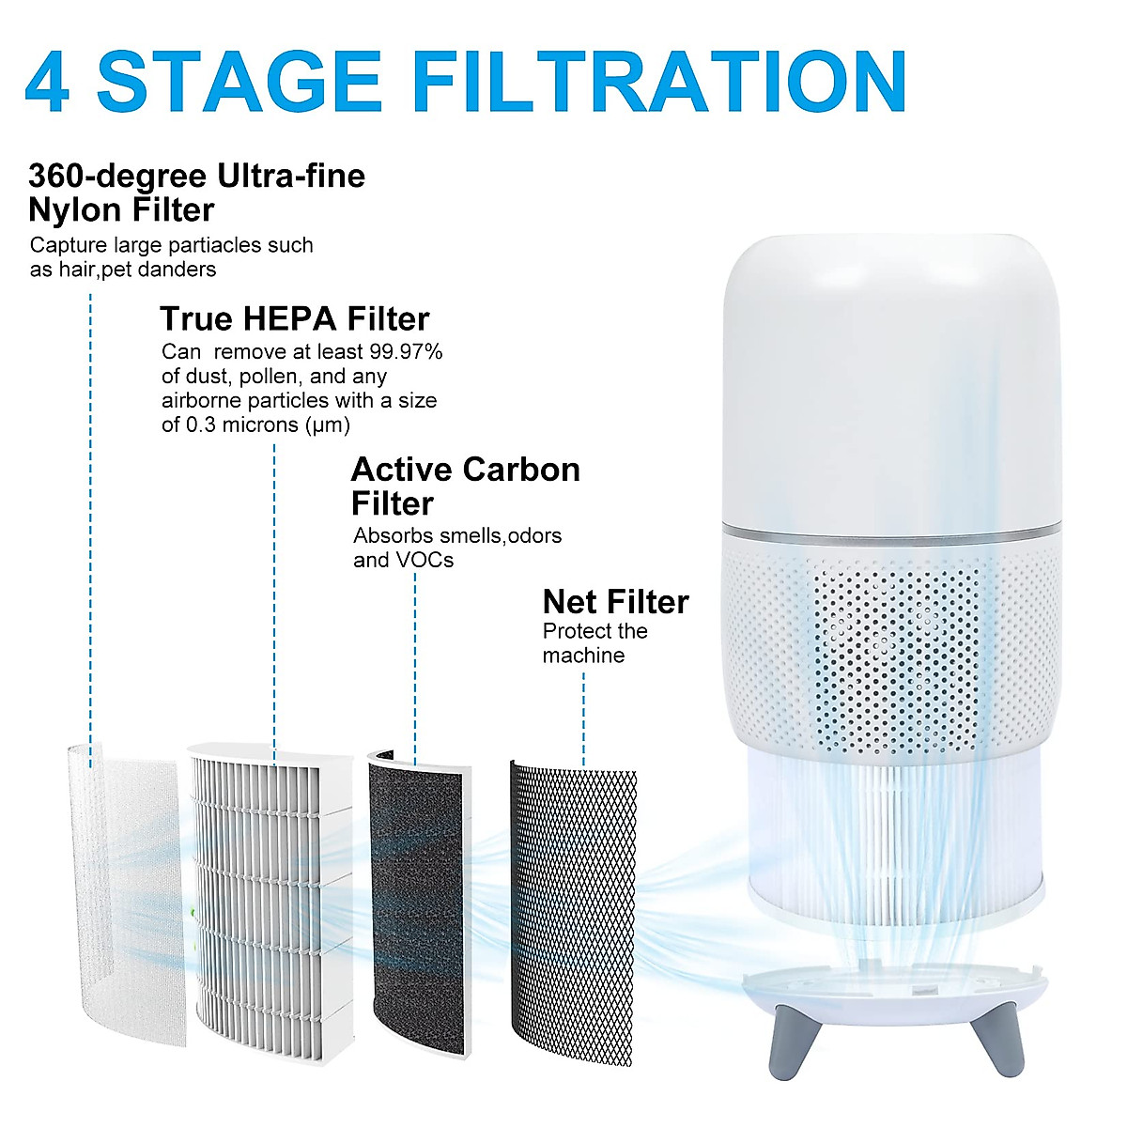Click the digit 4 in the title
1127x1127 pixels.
pos(47,83)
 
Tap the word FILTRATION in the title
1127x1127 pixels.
pos(659,83)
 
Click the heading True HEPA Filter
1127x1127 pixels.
pos(294,319)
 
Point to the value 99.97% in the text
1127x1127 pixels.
pos(405,352)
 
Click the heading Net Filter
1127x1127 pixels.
pos(615,601)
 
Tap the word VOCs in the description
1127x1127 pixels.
pos(423,561)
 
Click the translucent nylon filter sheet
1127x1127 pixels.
pos(122,892)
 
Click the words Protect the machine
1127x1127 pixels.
pos(594,643)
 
